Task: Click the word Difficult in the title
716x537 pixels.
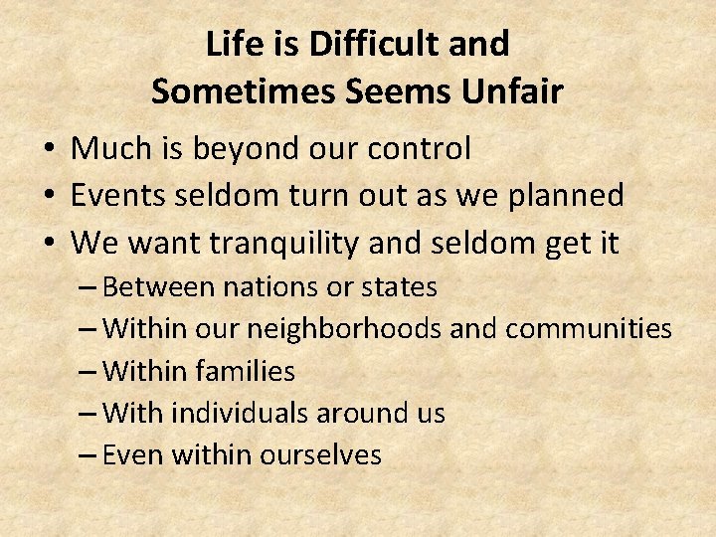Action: [356, 44]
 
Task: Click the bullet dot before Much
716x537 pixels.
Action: [48, 149]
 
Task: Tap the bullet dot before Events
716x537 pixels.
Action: [48, 196]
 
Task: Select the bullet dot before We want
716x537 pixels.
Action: [48, 243]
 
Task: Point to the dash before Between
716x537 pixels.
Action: [87, 288]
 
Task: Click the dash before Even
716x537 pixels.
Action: [87, 456]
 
